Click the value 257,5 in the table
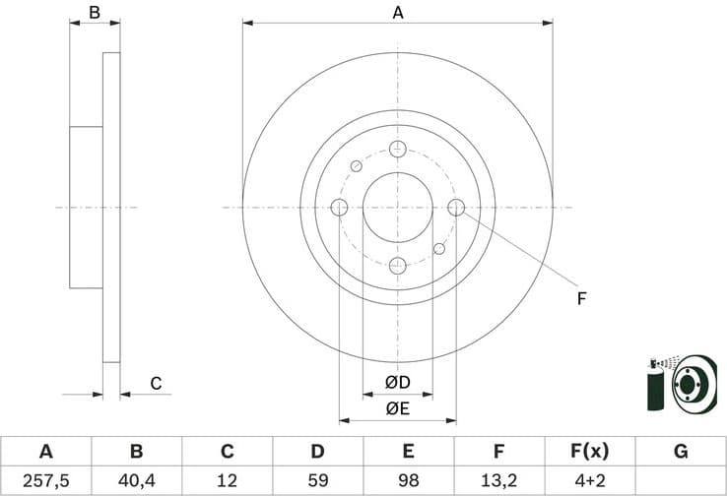click(x=45, y=480)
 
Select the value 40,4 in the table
click(x=136, y=480)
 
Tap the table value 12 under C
click(x=227, y=480)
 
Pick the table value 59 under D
click(x=317, y=480)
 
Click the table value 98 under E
click(x=408, y=480)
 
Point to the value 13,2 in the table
click(x=498, y=480)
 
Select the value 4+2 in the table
click(x=589, y=480)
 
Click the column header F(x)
click(x=589, y=452)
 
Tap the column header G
click(x=680, y=452)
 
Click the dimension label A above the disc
click(x=398, y=13)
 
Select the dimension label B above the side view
click(x=95, y=13)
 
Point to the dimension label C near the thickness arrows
click(x=155, y=384)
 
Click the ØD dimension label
click(x=397, y=382)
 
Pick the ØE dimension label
click(x=397, y=408)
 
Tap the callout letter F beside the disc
click(x=581, y=296)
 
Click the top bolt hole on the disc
click(x=398, y=149)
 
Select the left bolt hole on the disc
click(x=339, y=208)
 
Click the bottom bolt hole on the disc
click(x=398, y=266)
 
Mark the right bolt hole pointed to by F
click(x=456, y=208)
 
